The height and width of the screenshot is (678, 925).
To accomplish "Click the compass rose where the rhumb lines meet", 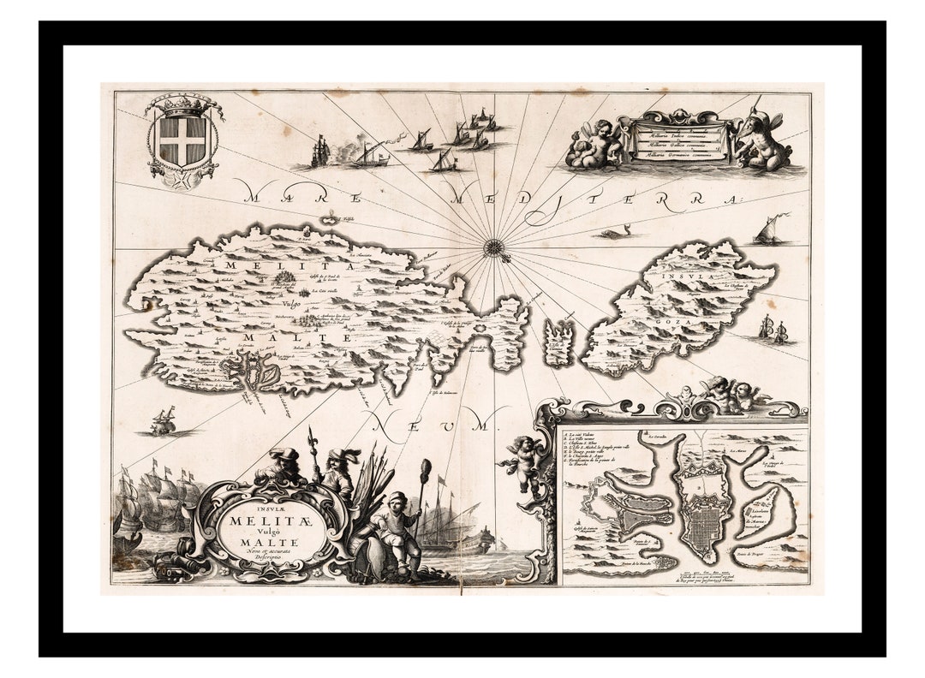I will (493, 248).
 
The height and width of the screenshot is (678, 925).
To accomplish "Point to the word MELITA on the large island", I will (248, 267).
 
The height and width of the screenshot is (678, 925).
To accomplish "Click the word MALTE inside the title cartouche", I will (270, 541).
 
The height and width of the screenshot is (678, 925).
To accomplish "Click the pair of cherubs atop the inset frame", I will (735, 394).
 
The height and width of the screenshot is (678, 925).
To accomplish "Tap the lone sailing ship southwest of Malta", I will (163, 421).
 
